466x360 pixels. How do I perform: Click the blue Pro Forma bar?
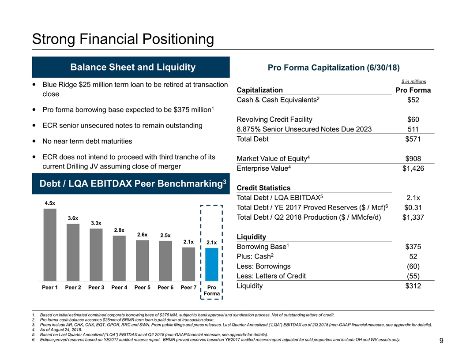(211, 264)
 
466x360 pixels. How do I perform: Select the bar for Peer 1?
(50, 244)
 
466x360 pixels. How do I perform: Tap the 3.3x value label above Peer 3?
(96, 223)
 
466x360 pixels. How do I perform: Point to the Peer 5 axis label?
(143, 288)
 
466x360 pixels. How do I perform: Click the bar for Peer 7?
(188, 263)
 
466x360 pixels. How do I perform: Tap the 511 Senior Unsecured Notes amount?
(413, 129)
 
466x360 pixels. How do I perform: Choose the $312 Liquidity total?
(412, 286)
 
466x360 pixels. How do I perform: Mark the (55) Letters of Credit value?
(413, 276)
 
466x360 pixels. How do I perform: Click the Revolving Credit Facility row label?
(274, 120)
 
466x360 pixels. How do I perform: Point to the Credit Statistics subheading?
(264, 188)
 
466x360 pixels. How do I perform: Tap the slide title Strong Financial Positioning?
(123, 40)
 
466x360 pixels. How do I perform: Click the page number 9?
(441, 341)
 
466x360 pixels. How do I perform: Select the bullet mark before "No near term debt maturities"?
(35, 142)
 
